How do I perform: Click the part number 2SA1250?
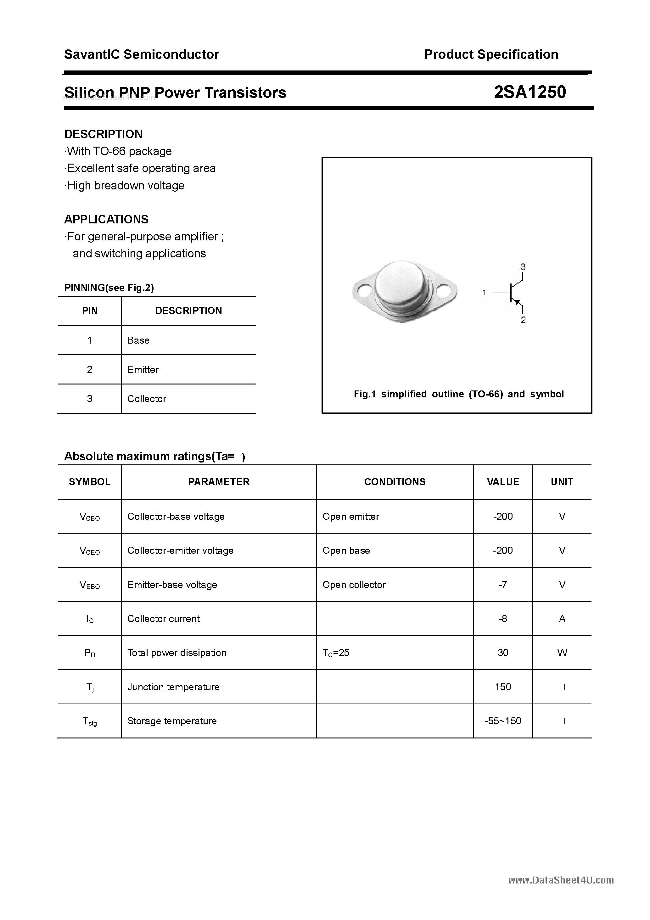(x=530, y=93)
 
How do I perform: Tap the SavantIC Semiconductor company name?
(x=142, y=54)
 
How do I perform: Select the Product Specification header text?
(x=491, y=54)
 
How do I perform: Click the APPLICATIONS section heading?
(x=106, y=219)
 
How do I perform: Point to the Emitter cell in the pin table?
(x=143, y=369)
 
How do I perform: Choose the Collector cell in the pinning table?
(x=147, y=399)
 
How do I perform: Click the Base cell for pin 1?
(x=138, y=340)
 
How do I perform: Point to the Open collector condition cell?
(x=354, y=585)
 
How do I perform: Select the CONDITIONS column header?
(x=395, y=482)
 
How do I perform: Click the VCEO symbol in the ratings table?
(x=90, y=551)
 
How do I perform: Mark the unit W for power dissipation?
(x=562, y=653)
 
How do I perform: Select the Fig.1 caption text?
(x=458, y=394)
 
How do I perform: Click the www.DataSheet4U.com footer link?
(x=561, y=880)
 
